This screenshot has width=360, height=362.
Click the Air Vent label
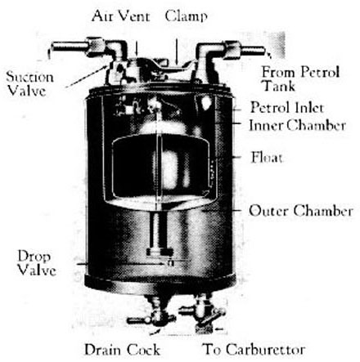(121, 16)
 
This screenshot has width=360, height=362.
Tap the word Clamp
(187, 16)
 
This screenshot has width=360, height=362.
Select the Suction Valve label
(29, 83)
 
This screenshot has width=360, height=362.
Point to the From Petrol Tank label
(300, 79)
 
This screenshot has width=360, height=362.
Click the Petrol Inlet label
(287, 107)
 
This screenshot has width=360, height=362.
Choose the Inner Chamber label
(297, 125)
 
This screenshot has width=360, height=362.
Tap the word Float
(267, 158)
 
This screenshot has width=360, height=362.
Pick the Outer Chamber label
(301, 211)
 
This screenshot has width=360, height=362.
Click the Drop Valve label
(37, 263)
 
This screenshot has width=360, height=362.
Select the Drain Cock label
(122, 350)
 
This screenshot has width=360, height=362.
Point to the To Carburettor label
(254, 350)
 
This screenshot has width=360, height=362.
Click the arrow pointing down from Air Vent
(137, 49)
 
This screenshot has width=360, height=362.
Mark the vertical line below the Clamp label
(177, 51)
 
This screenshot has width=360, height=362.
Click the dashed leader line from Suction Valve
(86, 76)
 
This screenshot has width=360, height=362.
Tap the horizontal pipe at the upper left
(70, 47)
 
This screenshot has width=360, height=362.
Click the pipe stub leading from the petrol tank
(252, 51)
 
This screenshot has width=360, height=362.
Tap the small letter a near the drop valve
(170, 263)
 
